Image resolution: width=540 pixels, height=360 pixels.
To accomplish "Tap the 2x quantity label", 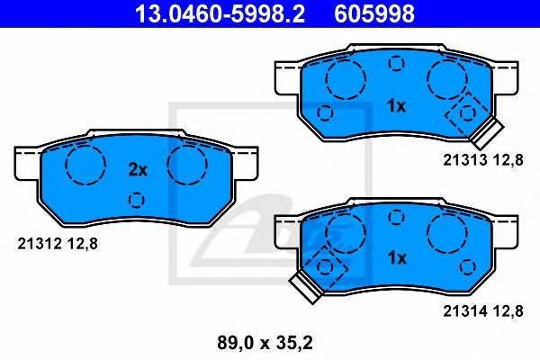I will (x=137, y=168).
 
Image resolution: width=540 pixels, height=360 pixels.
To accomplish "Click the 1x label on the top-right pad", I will (x=396, y=106).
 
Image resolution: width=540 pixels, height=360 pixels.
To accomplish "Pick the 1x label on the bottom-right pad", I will (x=396, y=257).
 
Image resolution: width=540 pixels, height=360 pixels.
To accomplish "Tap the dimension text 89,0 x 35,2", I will (x=269, y=343).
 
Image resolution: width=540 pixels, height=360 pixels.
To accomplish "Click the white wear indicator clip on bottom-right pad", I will (x=303, y=288).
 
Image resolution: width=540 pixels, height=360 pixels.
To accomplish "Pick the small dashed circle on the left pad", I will (x=137, y=200).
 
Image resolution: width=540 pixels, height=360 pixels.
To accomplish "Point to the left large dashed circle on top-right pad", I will (x=344, y=82).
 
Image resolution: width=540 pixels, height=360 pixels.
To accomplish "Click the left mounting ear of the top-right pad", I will (x=286, y=77).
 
